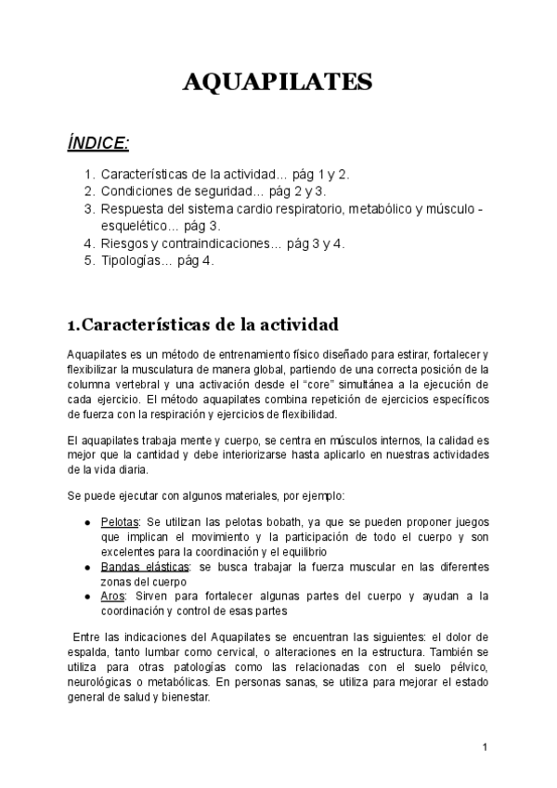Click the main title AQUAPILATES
278,83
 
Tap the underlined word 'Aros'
112,595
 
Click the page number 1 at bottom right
485,746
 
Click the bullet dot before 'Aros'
86,596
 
